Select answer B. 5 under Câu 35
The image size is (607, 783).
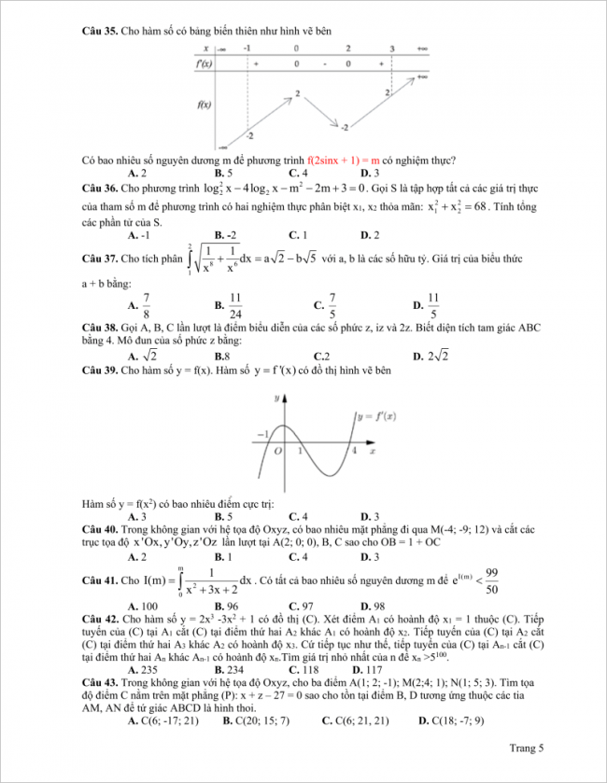coord(223,174)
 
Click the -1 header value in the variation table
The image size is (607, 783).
coord(246,48)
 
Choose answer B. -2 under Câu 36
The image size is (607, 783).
coord(225,234)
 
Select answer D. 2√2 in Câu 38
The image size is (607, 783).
coord(438,356)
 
